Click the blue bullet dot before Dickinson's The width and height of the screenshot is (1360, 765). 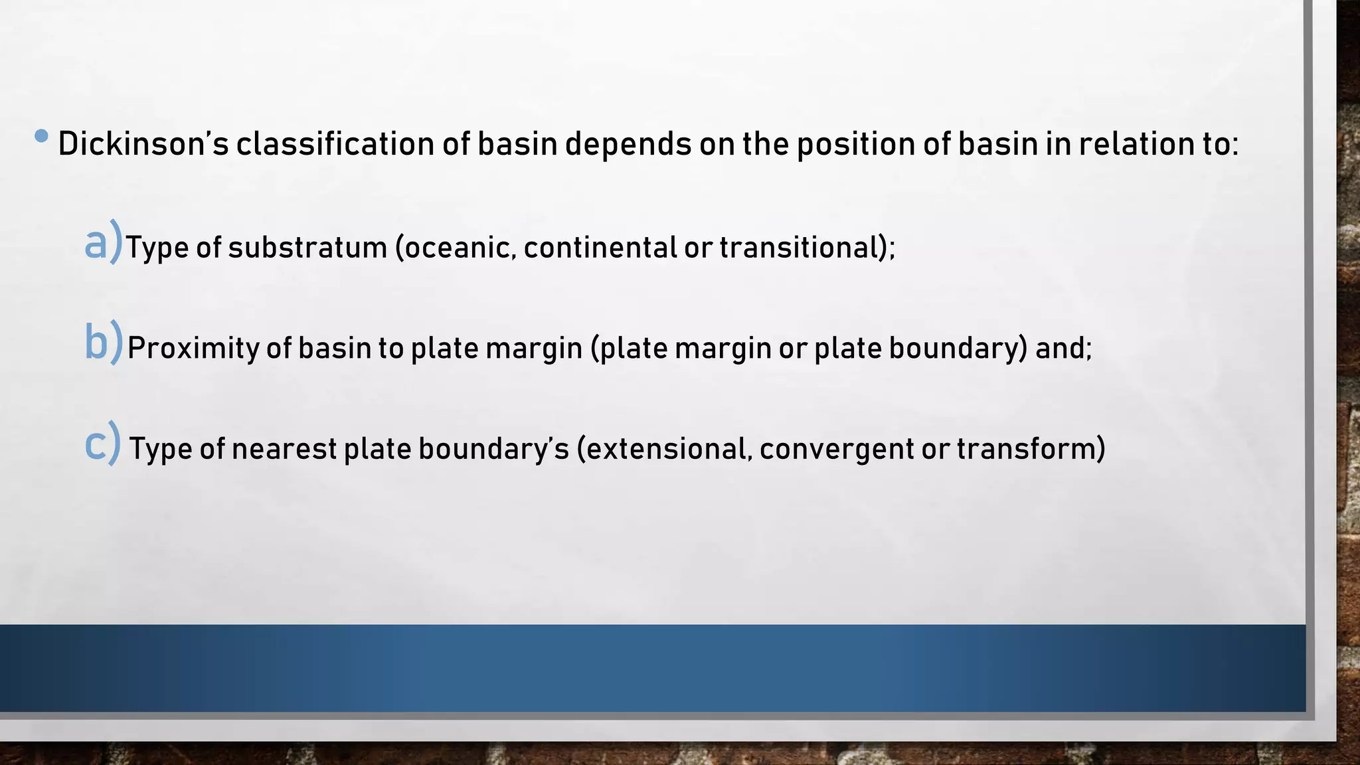[41, 136]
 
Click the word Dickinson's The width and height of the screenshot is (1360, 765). [143, 144]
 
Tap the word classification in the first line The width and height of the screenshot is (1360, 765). [335, 144]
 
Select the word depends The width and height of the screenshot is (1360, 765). [628, 144]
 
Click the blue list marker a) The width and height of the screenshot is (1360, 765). [104, 243]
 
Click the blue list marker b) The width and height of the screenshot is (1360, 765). [104, 343]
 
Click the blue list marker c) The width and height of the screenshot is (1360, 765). [103, 444]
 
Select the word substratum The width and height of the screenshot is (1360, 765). [307, 248]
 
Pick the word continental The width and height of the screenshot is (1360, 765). [600, 248]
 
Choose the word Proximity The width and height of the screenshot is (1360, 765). [193, 349]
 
